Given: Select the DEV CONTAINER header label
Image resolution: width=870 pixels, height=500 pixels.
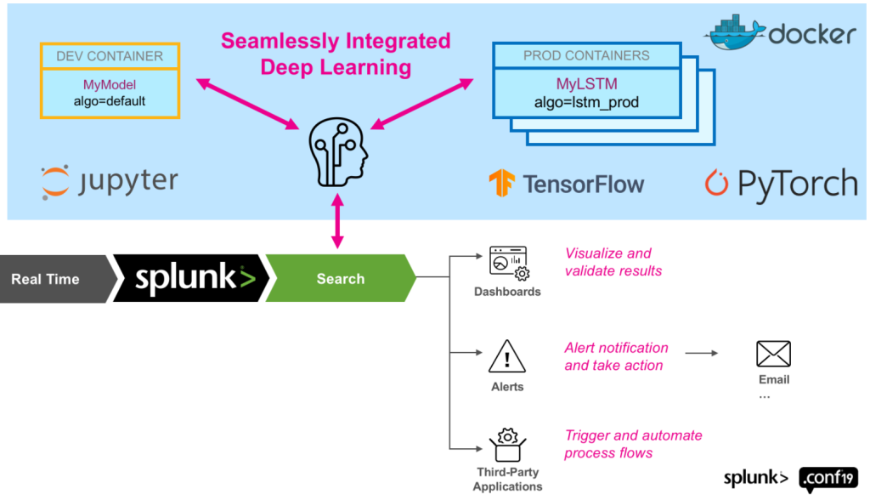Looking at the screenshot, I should [x=109, y=56].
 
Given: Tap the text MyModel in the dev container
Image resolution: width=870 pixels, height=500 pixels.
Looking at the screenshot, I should [x=109, y=84].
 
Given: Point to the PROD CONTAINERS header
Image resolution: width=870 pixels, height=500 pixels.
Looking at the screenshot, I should [x=586, y=55].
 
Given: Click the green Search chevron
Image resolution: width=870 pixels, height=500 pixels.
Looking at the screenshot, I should [x=340, y=278].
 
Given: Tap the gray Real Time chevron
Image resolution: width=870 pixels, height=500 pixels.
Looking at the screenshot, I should [x=51, y=278].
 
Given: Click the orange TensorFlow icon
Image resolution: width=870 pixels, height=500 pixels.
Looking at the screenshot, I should [x=501, y=183].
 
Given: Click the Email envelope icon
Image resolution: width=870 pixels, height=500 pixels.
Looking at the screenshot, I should [x=773, y=354].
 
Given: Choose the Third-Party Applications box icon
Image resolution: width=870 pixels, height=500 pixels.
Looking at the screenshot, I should [x=507, y=445].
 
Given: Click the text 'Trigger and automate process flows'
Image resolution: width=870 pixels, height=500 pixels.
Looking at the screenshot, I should [x=632, y=444].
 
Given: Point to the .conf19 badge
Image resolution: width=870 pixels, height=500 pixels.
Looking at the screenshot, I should [x=828, y=478].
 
